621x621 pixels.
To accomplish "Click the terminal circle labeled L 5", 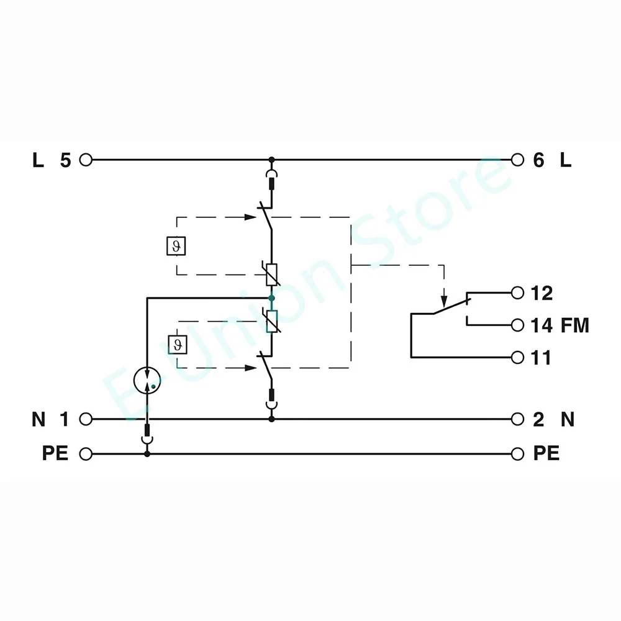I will (x=86, y=160).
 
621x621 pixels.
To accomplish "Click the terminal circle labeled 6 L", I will (x=517, y=160).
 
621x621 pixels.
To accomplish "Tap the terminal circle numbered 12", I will (x=517, y=292).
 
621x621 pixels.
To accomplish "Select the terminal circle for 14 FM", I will (x=517, y=325).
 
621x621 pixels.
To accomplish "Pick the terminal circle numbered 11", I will (x=517, y=358).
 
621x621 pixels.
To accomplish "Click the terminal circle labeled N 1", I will (x=86, y=419).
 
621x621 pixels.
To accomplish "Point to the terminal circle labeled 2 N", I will (x=517, y=419).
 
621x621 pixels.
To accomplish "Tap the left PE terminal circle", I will (x=86, y=454).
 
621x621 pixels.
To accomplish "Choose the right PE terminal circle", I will (x=517, y=454).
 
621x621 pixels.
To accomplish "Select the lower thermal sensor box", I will (x=176, y=344).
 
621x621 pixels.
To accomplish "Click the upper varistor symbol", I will (x=271, y=274).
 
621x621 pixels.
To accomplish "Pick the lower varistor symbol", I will (x=271, y=321).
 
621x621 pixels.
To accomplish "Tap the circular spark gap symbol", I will (x=147, y=378).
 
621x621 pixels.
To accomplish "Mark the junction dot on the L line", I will (x=271, y=160).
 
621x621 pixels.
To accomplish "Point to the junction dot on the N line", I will (x=271, y=419).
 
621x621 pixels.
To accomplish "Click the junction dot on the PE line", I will (x=147, y=454).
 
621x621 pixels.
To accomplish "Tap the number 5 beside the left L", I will (x=65, y=161).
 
